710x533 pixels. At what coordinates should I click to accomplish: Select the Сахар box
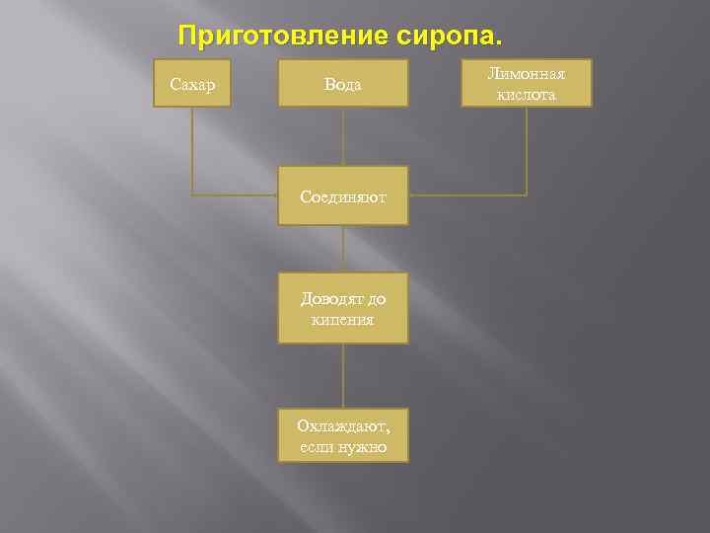coord(192,84)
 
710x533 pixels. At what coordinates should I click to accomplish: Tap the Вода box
coord(343,84)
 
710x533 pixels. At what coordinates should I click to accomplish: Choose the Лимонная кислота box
coord(527,84)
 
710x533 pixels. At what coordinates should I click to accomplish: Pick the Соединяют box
coord(343,197)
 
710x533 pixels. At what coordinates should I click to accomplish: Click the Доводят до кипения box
coord(343,308)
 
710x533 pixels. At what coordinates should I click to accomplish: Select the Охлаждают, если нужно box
coord(343,435)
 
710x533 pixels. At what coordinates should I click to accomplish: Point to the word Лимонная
coord(527,74)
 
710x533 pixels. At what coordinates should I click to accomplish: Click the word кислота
coord(527,95)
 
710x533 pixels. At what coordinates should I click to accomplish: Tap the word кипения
coord(343,320)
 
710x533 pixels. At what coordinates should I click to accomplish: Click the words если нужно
coord(343,447)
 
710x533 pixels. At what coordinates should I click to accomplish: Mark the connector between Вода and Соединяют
coord(343,138)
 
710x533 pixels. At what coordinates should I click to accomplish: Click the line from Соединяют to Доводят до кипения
coord(343,249)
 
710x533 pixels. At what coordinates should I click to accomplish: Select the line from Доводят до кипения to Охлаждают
coord(343,375)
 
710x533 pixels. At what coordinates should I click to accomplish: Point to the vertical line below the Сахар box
coord(192,148)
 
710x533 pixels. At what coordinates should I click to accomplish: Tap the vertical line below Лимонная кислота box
coord(527,148)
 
